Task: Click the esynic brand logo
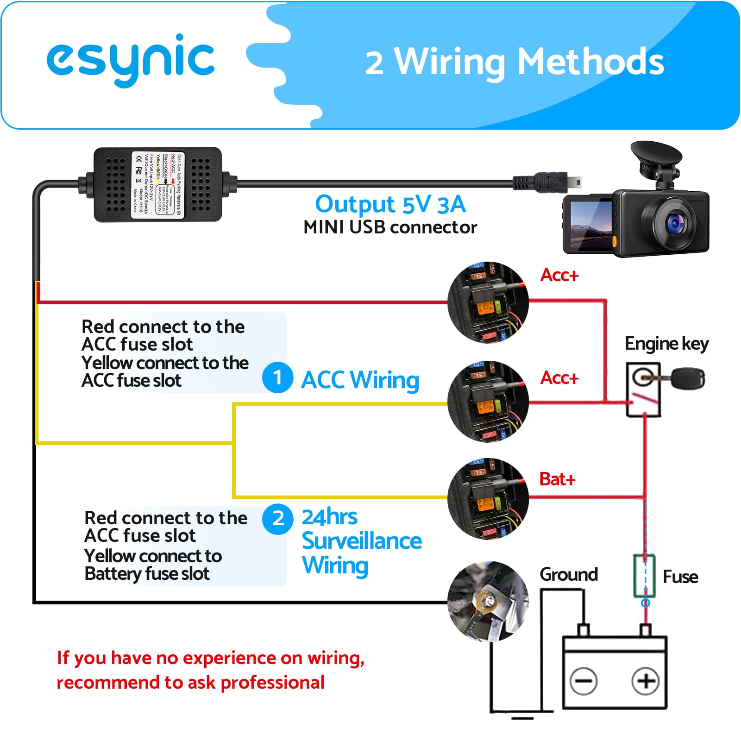point(131,60)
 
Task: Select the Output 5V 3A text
point(390,204)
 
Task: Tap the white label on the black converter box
point(157,184)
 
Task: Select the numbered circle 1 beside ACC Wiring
point(277,378)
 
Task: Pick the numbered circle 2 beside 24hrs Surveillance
point(277,519)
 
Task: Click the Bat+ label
point(557,479)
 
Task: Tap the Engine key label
point(666,344)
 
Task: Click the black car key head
point(688,378)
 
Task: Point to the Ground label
point(569,574)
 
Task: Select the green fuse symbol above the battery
point(644,575)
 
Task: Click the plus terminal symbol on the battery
point(646,681)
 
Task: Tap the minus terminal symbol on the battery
point(584,681)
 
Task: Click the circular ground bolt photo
point(488,601)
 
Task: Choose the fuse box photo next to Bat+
point(488,499)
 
